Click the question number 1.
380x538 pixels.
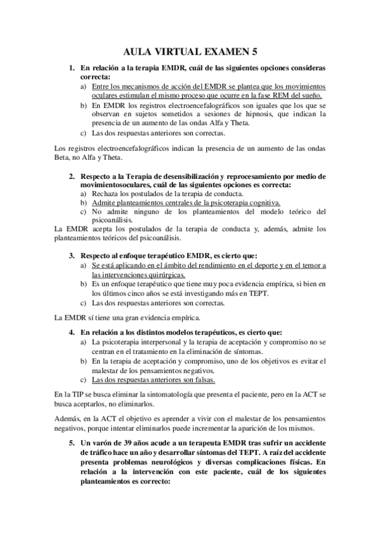[72, 67]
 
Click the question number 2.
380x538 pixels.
[72, 175]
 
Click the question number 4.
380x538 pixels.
[72, 332]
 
